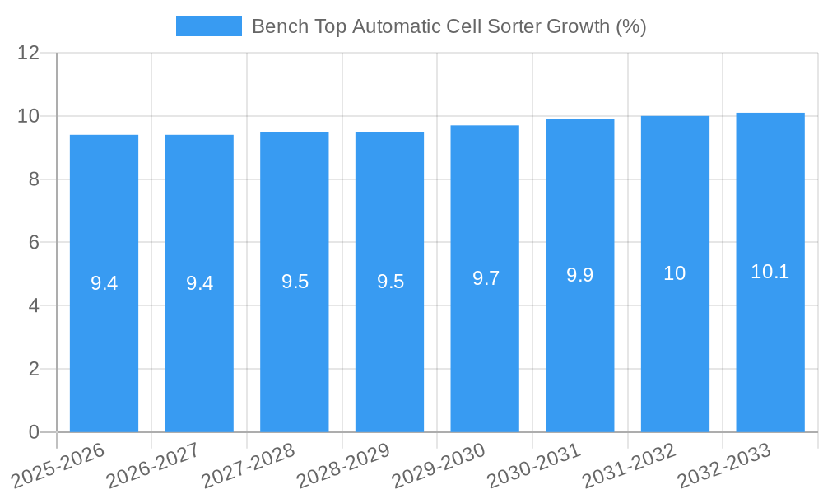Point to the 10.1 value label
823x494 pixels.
(770, 272)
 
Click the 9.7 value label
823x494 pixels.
(486, 278)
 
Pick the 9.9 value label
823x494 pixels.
(580, 275)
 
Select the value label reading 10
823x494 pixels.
(675, 273)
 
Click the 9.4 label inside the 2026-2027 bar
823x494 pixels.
(199, 283)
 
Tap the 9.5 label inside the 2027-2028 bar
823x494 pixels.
(295, 282)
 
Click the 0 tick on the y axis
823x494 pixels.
(34, 432)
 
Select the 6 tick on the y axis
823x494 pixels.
(34, 243)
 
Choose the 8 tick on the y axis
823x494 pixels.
(34, 179)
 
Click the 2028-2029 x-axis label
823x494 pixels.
(343, 465)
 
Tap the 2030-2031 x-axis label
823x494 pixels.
(534, 465)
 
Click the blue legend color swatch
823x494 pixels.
(209, 26)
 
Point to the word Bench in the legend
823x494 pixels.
(278, 26)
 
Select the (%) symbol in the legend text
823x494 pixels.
(631, 26)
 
